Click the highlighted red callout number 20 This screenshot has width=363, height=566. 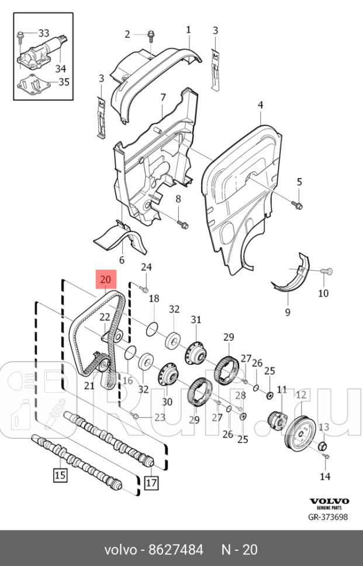[x=105, y=279]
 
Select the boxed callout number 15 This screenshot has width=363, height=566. [x=60, y=475]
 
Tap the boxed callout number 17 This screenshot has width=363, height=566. [x=151, y=483]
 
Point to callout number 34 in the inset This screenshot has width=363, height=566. [x=61, y=68]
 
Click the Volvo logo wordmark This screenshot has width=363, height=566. [x=329, y=501]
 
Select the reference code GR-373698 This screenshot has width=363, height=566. [x=328, y=517]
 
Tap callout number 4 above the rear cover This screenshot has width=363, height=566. [x=260, y=105]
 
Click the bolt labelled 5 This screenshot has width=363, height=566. [x=297, y=205]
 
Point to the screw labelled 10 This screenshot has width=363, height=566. [x=327, y=270]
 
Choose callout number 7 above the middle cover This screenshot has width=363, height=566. [x=163, y=97]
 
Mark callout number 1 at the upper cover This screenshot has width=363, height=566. [x=188, y=29]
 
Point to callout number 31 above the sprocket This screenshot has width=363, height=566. [x=195, y=319]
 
